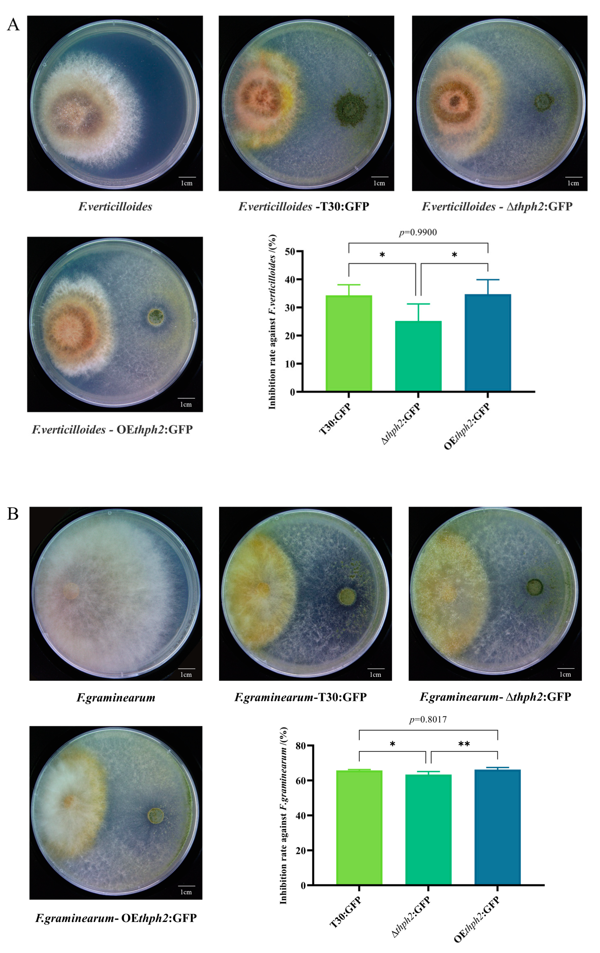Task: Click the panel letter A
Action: [x=13, y=25]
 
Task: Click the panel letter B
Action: [x=13, y=514]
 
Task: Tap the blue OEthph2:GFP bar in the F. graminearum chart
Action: [x=497, y=827]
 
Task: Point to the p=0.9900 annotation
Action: [x=418, y=232]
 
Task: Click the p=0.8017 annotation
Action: [x=428, y=719]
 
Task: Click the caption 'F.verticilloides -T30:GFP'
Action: [x=303, y=206]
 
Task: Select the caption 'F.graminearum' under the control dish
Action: [x=116, y=697]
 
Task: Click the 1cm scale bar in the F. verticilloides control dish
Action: [x=187, y=177]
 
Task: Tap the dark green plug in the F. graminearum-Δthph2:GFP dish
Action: [x=534, y=587]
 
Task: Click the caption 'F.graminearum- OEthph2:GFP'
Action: [x=116, y=918]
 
